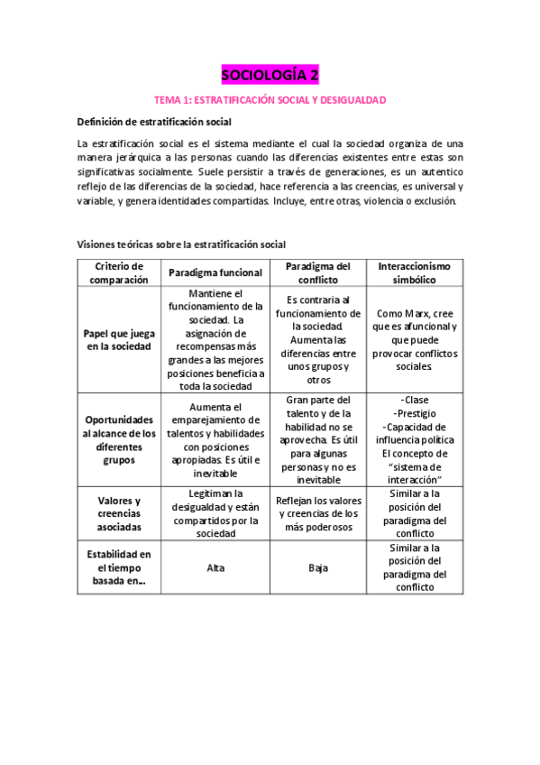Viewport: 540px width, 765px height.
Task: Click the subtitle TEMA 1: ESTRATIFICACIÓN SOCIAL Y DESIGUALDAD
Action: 270,99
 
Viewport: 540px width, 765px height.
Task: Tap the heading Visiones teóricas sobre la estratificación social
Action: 181,244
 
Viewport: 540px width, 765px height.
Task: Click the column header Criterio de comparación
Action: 119,272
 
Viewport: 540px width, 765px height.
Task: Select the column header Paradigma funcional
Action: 215,272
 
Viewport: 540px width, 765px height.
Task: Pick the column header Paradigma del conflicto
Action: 318,272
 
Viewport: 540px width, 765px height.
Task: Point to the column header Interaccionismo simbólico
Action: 413,272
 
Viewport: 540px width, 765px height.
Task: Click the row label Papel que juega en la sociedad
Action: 119,339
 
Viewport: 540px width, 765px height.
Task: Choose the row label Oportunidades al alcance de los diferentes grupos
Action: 119,439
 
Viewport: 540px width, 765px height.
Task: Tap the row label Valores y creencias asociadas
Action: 119,514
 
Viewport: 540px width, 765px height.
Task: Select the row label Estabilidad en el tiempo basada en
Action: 119,567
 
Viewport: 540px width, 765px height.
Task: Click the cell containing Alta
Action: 215,568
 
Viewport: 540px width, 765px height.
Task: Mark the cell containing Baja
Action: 318,568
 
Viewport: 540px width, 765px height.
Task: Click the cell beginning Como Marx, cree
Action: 413,339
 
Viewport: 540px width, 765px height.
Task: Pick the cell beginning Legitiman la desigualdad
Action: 215,514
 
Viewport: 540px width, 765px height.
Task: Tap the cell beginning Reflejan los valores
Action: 318,514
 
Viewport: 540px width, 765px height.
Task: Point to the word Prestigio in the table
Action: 413,413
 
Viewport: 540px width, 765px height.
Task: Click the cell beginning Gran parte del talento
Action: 318,439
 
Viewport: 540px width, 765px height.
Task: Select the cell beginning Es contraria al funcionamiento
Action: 318,339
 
